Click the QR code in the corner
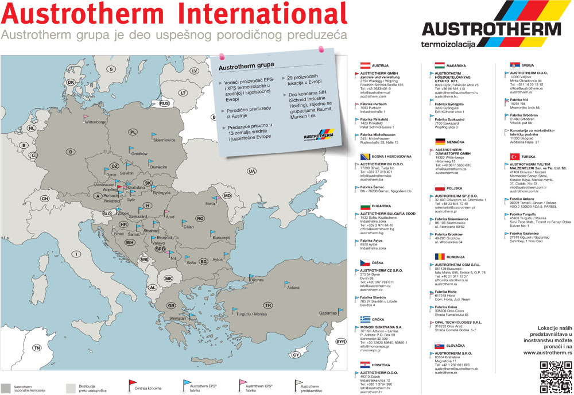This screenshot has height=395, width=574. [552, 376]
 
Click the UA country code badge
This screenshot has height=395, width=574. [251, 171]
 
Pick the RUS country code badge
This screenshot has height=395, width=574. [165, 103]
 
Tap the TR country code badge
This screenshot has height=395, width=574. [267, 305]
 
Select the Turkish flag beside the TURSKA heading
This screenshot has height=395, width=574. [515, 157]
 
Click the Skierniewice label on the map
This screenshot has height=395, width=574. [166, 140]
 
